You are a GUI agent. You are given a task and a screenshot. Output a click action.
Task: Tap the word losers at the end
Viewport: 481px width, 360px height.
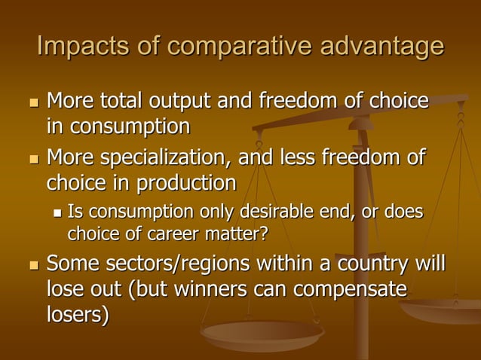click(77, 315)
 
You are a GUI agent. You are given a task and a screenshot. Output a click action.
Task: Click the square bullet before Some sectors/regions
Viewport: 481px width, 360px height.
click(31, 266)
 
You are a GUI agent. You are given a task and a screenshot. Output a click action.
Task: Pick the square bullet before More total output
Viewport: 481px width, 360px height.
click(31, 102)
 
